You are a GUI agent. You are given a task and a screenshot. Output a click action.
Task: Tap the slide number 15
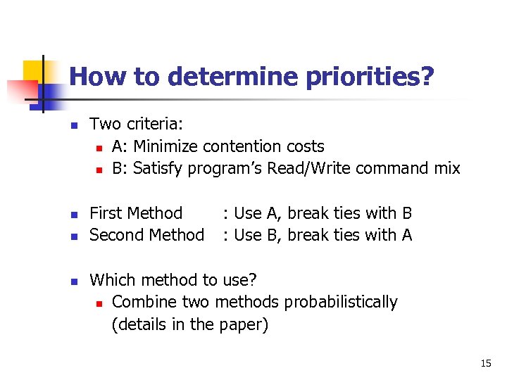[485, 363]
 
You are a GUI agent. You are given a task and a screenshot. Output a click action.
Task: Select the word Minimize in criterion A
[166, 146]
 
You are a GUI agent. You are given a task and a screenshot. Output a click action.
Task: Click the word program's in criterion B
[224, 168]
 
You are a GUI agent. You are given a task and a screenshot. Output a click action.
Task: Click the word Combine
[142, 303]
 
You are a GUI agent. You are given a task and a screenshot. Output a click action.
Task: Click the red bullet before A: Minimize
[99, 147]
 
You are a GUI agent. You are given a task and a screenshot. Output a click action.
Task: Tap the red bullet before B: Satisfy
[99, 170]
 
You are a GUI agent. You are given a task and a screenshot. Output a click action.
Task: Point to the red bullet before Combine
[99, 303]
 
